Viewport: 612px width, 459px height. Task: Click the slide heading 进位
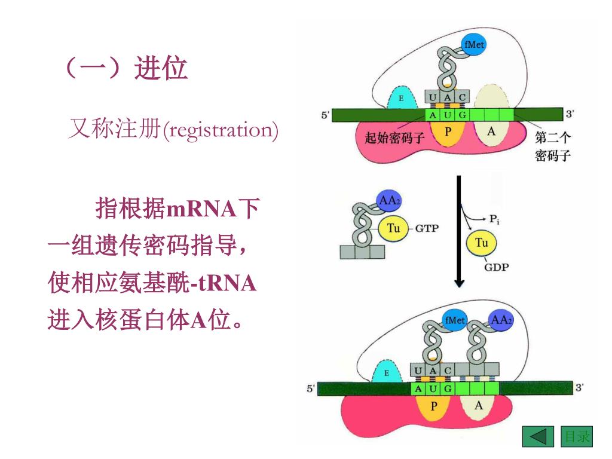click(161, 69)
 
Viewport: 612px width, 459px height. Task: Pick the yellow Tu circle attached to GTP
click(393, 228)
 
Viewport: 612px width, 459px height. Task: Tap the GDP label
click(497, 267)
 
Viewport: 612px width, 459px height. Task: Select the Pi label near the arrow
click(494, 219)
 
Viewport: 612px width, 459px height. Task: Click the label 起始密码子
click(394, 138)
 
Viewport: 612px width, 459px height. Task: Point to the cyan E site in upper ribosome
click(402, 98)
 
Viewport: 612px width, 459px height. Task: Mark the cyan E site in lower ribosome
click(386, 374)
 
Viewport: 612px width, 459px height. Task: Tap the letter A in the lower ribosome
click(478, 406)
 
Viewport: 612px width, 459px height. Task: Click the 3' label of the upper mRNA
click(571, 113)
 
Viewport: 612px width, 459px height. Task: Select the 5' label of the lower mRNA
click(311, 389)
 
